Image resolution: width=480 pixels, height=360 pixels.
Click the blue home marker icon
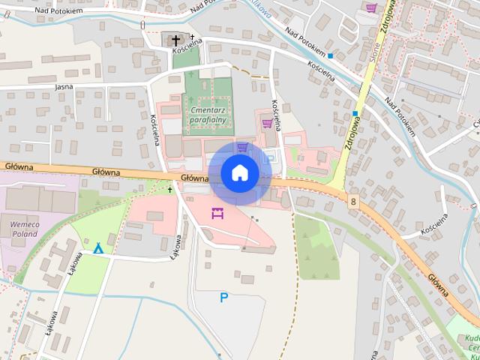point(239,172)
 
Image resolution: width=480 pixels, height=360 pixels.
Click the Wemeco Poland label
point(23,227)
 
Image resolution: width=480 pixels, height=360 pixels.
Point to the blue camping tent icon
point(98,247)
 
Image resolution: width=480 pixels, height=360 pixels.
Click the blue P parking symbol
point(223,298)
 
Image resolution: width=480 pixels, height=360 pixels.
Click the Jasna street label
point(64,87)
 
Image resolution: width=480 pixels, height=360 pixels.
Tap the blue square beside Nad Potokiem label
point(330,55)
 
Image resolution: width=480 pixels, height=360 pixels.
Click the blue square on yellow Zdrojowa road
point(355,113)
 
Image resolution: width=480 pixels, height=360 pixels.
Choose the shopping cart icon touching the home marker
point(242,147)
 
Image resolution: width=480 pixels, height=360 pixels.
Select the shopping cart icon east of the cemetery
point(266,122)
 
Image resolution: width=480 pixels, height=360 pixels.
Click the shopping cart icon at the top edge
point(370,7)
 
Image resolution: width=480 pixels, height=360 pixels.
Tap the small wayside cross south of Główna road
point(170,190)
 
